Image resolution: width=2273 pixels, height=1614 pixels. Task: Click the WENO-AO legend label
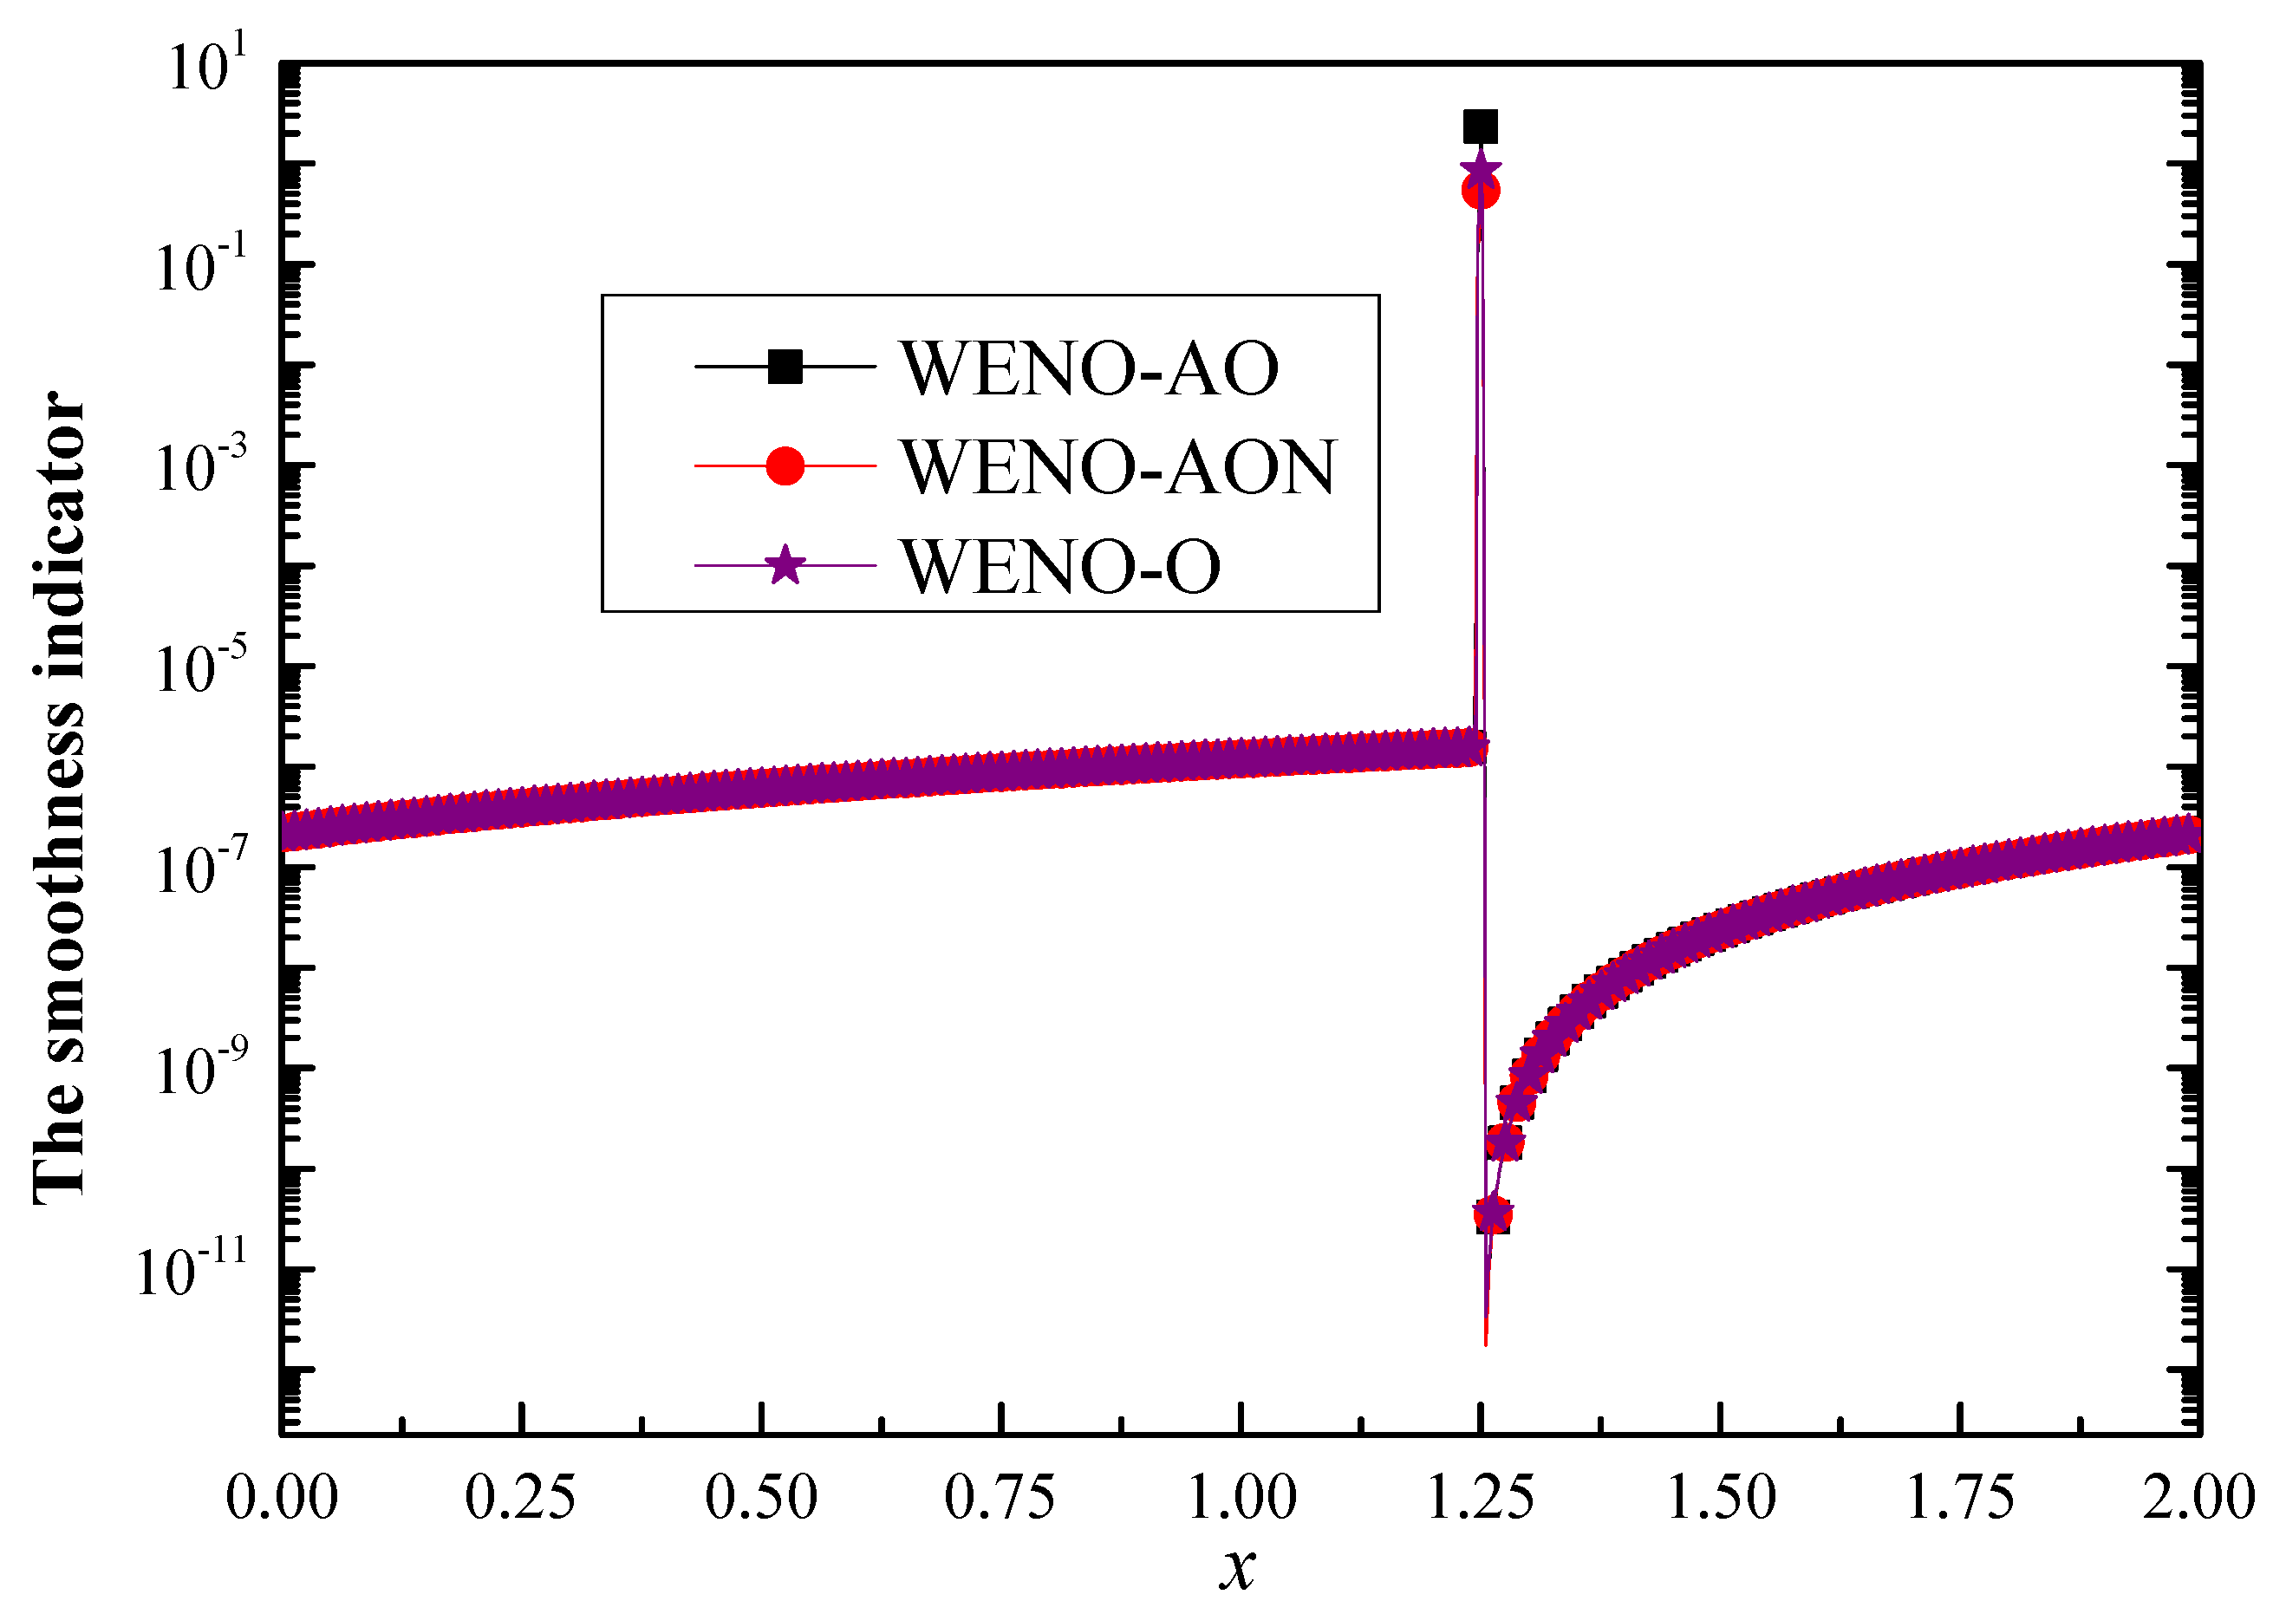click(1090, 368)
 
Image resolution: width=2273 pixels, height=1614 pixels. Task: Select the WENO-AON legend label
click(1119, 466)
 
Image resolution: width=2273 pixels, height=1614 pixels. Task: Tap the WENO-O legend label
click(1060, 567)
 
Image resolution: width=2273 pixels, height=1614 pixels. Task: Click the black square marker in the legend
click(785, 367)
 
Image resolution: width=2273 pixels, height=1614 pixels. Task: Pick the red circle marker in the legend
click(785, 465)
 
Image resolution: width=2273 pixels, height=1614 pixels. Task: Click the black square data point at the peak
click(1480, 127)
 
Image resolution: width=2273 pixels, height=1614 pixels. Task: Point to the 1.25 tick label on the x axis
click(1480, 1497)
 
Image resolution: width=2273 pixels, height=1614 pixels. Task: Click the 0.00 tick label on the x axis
click(281, 1497)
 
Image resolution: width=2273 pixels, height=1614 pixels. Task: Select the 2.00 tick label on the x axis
click(2198, 1497)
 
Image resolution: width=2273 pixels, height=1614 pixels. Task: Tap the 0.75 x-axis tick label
click(1000, 1497)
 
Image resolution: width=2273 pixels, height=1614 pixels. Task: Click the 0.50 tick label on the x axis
click(760, 1497)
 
